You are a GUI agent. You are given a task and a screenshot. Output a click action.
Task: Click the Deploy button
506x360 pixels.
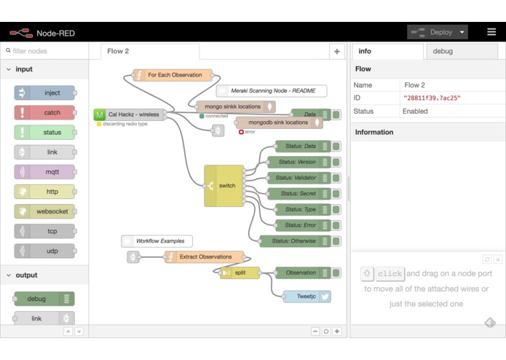(x=438, y=32)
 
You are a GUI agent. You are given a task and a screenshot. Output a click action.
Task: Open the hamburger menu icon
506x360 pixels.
(x=491, y=31)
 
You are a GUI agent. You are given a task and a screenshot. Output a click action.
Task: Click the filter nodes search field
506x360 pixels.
(x=44, y=51)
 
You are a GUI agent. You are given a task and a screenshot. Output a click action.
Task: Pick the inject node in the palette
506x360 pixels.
(x=44, y=93)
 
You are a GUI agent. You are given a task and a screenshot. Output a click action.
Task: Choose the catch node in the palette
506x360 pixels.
(x=44, y=113)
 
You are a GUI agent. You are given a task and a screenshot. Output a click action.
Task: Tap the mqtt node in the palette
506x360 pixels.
(x=44, y=172)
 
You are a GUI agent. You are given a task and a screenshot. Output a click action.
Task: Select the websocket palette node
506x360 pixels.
(x=44, y=211)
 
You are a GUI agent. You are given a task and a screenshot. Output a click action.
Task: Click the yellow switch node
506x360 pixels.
(x=224, y=186)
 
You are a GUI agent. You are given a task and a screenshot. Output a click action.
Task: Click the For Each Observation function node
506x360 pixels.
(x=173, y=75)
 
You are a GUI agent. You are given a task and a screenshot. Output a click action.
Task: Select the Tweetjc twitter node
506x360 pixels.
(x=307, y=297)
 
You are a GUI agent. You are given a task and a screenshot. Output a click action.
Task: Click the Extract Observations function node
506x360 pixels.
(x=204, y=257)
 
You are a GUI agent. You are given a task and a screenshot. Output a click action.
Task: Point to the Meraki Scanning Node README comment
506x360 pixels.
(x=272, y=90)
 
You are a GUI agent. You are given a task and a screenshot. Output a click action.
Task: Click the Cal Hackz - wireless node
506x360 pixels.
(x=129, y=114)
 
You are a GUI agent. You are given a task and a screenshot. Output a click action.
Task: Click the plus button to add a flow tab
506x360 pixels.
(x=337, y=52)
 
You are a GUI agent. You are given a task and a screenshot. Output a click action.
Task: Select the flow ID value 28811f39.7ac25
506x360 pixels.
(x=432, y=98)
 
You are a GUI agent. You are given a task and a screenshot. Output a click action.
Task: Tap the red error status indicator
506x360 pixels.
(x=241, y=132)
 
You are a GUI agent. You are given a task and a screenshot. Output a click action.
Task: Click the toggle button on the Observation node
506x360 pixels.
(x=336, y=273)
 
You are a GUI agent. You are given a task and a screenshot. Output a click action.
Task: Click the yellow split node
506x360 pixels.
(x=240, y=273)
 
